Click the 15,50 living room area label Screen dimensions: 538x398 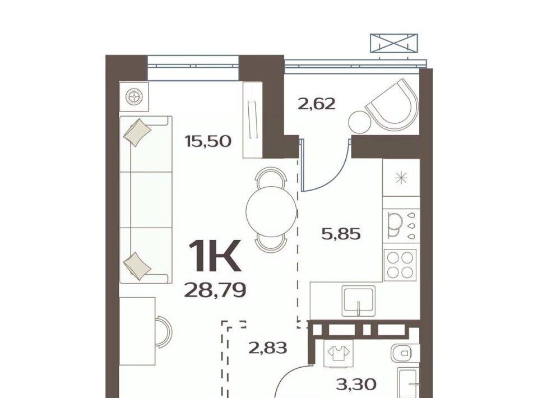click(208, 141)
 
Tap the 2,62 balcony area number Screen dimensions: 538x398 click(316, 104)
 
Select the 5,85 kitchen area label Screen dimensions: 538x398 click(341, 234)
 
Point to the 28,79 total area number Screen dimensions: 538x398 click(215, 290)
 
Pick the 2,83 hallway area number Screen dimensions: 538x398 click(267, 348)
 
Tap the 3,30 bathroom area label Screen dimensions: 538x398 click(356, 385)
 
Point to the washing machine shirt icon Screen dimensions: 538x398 click(338, 351)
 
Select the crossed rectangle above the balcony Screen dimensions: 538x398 click(394, 43)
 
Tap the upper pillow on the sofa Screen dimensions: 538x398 click(137, 132)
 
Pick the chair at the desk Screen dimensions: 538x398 click(164, 332)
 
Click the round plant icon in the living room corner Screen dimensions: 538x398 click(134, 96)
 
